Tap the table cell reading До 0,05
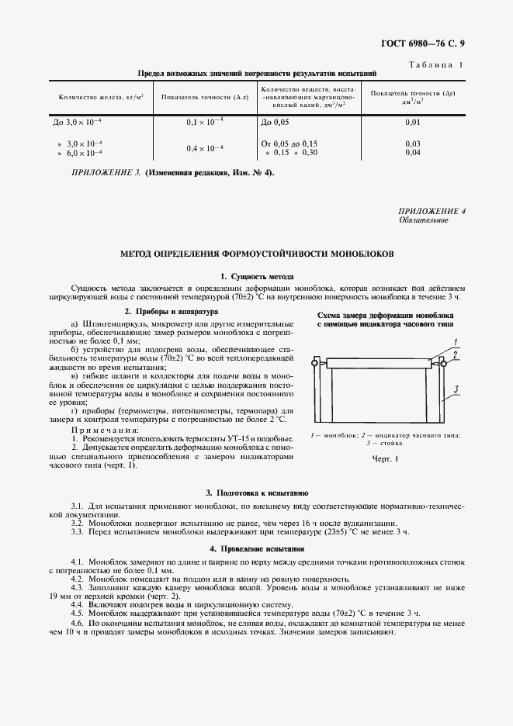(x=276, y=122)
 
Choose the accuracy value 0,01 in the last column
(x=413, y=122)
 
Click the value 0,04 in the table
(x=413, y=152)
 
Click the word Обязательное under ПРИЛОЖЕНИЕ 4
(x=424, y=220)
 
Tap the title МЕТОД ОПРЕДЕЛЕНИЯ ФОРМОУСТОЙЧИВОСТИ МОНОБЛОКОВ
(x=257, y=254)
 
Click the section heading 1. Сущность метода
(x=257, y=276)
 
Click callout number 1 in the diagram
(x=458, y=341)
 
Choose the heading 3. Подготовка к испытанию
(x=257, y=493)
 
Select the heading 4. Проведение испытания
(x=257, y=548)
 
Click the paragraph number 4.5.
(x=78, y=613)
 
